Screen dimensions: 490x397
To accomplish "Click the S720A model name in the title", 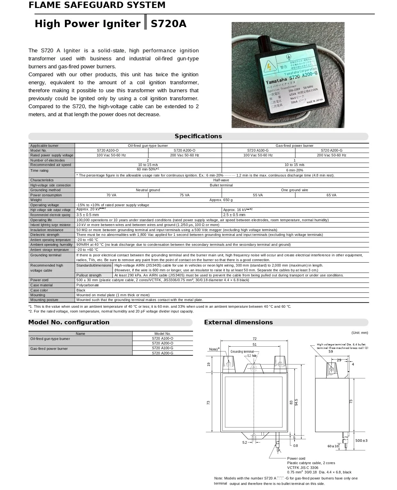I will point(168,24).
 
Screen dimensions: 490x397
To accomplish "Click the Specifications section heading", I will point(198,136).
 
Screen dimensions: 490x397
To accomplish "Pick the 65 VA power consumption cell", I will point(331,195).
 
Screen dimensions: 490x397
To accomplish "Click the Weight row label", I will point(36,200).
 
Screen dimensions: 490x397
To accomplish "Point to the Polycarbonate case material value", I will point(88,285).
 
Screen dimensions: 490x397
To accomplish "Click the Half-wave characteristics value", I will point(221,180).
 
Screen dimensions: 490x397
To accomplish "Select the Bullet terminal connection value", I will point(221,185).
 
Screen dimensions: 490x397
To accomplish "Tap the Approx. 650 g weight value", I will point(221,200).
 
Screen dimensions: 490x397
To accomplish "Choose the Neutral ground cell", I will point(148,190).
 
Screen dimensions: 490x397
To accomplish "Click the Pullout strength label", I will point(89,275).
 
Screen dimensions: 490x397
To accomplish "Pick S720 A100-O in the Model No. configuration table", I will point(163,338).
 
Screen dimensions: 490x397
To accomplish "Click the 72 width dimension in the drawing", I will point(255,339).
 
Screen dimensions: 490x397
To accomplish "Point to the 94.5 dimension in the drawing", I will point(296,402).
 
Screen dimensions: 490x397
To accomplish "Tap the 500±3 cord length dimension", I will point(361,441).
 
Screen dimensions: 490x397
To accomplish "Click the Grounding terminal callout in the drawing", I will point(242,352).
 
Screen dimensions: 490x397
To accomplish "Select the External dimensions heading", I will point(238,322).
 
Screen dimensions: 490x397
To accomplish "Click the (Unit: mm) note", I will point(360,333).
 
